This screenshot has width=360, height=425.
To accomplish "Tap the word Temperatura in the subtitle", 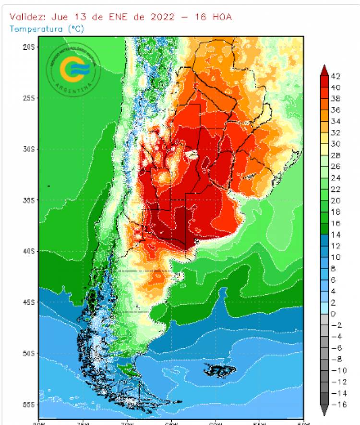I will pos(36,29).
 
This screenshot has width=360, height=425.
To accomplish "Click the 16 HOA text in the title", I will pos(214,17).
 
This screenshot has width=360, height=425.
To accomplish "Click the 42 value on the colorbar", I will pos(336,76).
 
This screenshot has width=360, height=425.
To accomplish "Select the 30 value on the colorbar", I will pos(336,144).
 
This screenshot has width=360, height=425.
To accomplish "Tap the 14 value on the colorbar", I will pos(336,235).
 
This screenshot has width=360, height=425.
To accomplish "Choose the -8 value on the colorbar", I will pos(336,359).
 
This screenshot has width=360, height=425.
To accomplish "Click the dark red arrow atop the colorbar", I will pos(324,70).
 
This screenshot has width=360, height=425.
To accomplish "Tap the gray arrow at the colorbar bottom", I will pos(324,411).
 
